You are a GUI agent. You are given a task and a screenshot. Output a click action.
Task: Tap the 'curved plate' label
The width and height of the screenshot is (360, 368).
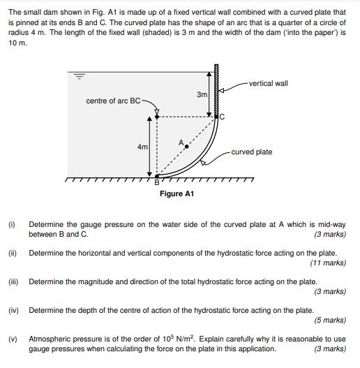[252, 152]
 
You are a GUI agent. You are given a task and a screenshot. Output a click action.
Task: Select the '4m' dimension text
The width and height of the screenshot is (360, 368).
[143, 147]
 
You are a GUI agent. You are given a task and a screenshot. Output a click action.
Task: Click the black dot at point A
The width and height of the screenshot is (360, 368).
[186, 146]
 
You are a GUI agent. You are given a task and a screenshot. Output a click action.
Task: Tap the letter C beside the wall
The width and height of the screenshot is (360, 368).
[223, 117]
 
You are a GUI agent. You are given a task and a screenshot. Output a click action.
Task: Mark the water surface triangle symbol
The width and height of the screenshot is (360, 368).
[79, 77]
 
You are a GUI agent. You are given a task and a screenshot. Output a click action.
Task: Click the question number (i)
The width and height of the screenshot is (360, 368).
[11, 225]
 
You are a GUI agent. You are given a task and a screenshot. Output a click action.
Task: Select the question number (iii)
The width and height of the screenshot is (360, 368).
[13, 281]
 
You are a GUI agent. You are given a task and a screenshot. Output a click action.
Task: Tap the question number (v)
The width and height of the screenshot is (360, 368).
[12, 339]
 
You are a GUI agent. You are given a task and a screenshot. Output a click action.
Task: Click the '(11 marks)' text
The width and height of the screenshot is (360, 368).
[328, 263]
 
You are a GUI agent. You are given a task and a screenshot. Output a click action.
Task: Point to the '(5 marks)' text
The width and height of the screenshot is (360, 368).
[330, 320]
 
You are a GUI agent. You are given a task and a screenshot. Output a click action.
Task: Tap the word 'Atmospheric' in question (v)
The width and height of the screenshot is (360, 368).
[50, 339]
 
